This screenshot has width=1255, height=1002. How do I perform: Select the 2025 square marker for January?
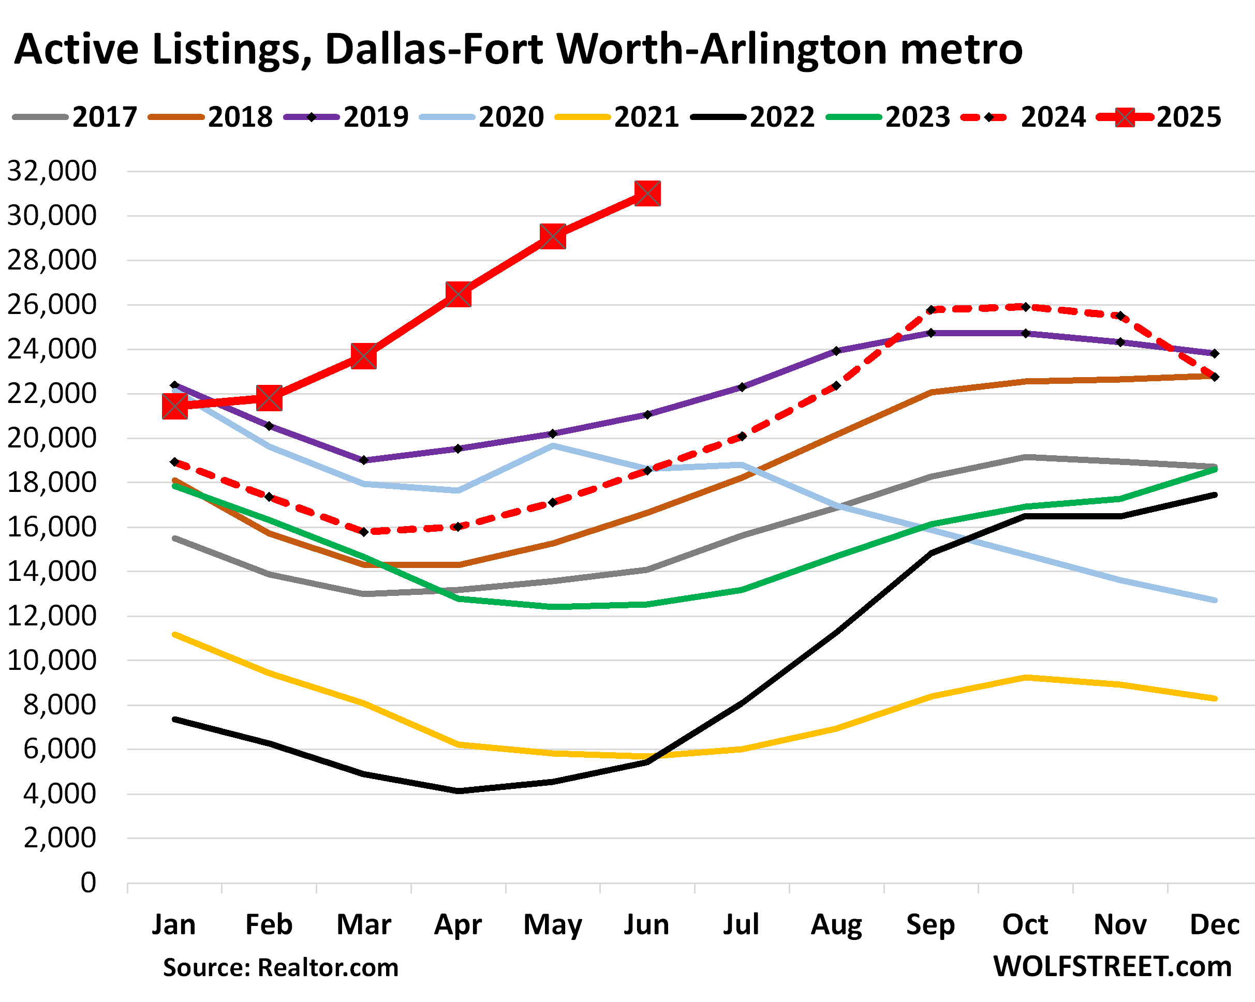pos(174,406)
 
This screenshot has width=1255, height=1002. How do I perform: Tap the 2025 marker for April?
pos(459,294)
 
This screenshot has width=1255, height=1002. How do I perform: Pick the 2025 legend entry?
pos(1158,117)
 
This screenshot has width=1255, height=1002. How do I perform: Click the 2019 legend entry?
pos(346,117)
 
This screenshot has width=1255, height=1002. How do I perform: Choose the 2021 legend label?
pos(646,117)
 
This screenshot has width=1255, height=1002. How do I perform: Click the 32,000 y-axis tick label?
pos(51,172)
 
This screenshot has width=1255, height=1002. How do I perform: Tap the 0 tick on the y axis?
pos(88,883)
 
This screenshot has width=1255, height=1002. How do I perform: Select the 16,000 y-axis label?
pos(51,527)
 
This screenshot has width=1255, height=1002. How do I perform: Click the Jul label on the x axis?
pos(741,924)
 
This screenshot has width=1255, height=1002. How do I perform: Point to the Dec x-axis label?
pos(1214,924)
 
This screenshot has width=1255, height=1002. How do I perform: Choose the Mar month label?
pos(364,924)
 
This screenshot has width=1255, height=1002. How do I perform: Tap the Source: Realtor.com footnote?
pos(280,968)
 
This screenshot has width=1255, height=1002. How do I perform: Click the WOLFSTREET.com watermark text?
pos(1112,966)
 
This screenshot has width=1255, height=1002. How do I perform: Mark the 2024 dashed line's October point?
pos(1026,307)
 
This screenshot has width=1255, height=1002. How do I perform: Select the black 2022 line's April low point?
pos(459,791)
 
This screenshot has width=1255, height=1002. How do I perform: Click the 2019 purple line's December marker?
pos(1214,354)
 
